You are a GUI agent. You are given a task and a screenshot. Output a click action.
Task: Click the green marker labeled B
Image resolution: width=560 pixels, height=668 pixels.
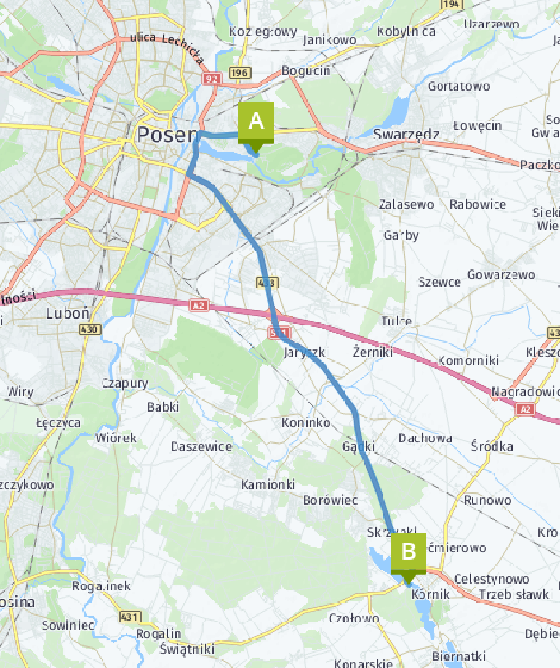click(408, 552)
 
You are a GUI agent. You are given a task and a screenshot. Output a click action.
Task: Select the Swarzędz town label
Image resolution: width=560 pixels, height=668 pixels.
click(406, 134)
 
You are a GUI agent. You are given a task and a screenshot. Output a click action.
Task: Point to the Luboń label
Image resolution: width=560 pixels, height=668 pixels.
click(68, 313)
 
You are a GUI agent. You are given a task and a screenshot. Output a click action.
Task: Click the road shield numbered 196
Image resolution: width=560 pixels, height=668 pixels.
click(240, 73)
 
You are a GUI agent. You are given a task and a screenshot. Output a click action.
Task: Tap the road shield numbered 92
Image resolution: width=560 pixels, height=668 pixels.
click(212, 78)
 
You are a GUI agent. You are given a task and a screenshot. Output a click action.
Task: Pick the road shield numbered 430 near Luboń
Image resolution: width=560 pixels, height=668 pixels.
click(89, 330)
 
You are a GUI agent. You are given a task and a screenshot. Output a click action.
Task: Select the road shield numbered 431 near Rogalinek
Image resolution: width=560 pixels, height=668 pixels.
click(130, 616)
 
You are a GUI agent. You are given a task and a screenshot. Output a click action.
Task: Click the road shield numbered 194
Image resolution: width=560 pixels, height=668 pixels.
click(452, 4)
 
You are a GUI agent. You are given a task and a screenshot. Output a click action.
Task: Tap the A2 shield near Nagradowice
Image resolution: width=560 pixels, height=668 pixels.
click(524, 409)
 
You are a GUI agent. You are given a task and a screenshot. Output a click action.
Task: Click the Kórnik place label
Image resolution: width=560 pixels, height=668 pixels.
click(431, 594)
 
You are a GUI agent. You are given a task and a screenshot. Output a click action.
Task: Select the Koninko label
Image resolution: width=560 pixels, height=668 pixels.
click(305, 423)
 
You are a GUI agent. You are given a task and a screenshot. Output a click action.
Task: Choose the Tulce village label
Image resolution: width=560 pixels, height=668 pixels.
click(396, 321)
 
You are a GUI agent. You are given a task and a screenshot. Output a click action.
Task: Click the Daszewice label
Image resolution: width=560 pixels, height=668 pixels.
click(201, 446)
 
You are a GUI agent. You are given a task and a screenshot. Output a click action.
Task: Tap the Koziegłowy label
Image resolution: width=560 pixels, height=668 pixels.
click(263, 31)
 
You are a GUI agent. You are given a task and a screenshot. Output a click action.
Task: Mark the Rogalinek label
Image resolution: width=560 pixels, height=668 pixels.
click(101, 585)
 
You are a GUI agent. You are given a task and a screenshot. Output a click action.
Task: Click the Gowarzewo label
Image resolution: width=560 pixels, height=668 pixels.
click(501, 274)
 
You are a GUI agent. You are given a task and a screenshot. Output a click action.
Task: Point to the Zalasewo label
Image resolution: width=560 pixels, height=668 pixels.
click(406, 204)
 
